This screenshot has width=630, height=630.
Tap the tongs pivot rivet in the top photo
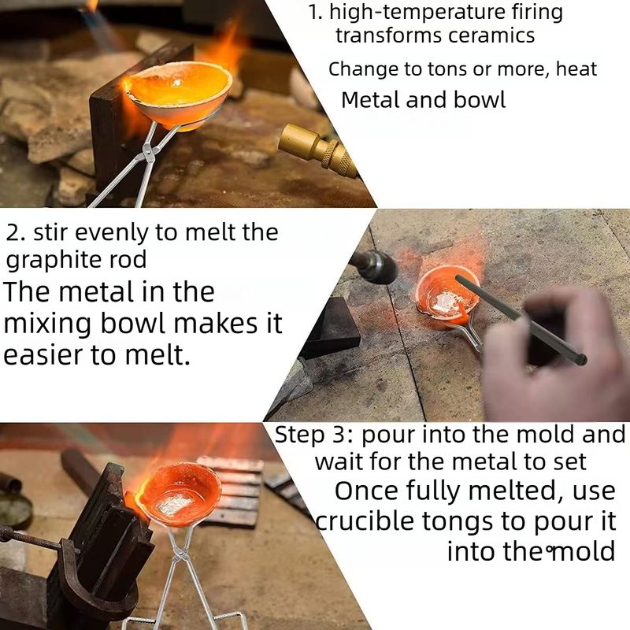point(150,153)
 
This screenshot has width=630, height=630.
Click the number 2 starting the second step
point(15,232)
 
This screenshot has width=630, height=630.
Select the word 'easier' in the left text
point(43,355)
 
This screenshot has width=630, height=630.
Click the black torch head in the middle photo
point(373,265)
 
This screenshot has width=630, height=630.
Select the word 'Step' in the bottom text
point(300,435)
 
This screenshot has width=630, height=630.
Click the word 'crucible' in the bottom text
point(365,521)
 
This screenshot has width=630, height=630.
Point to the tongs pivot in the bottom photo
point(180,557)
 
